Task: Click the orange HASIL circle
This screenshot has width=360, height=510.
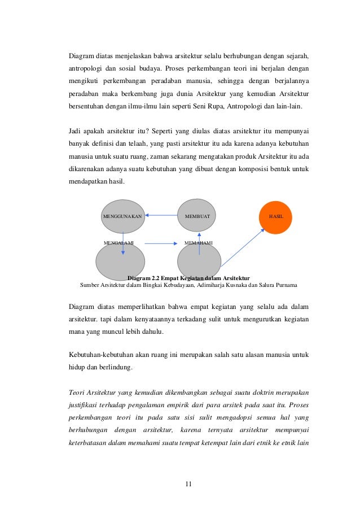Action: click(x=275, y=217)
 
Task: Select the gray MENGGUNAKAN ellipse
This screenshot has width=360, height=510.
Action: click(x=122, y=216)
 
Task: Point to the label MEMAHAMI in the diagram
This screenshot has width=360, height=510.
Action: click(x=199, y=242)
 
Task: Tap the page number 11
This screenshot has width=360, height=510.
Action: click(x=189, y=484)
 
